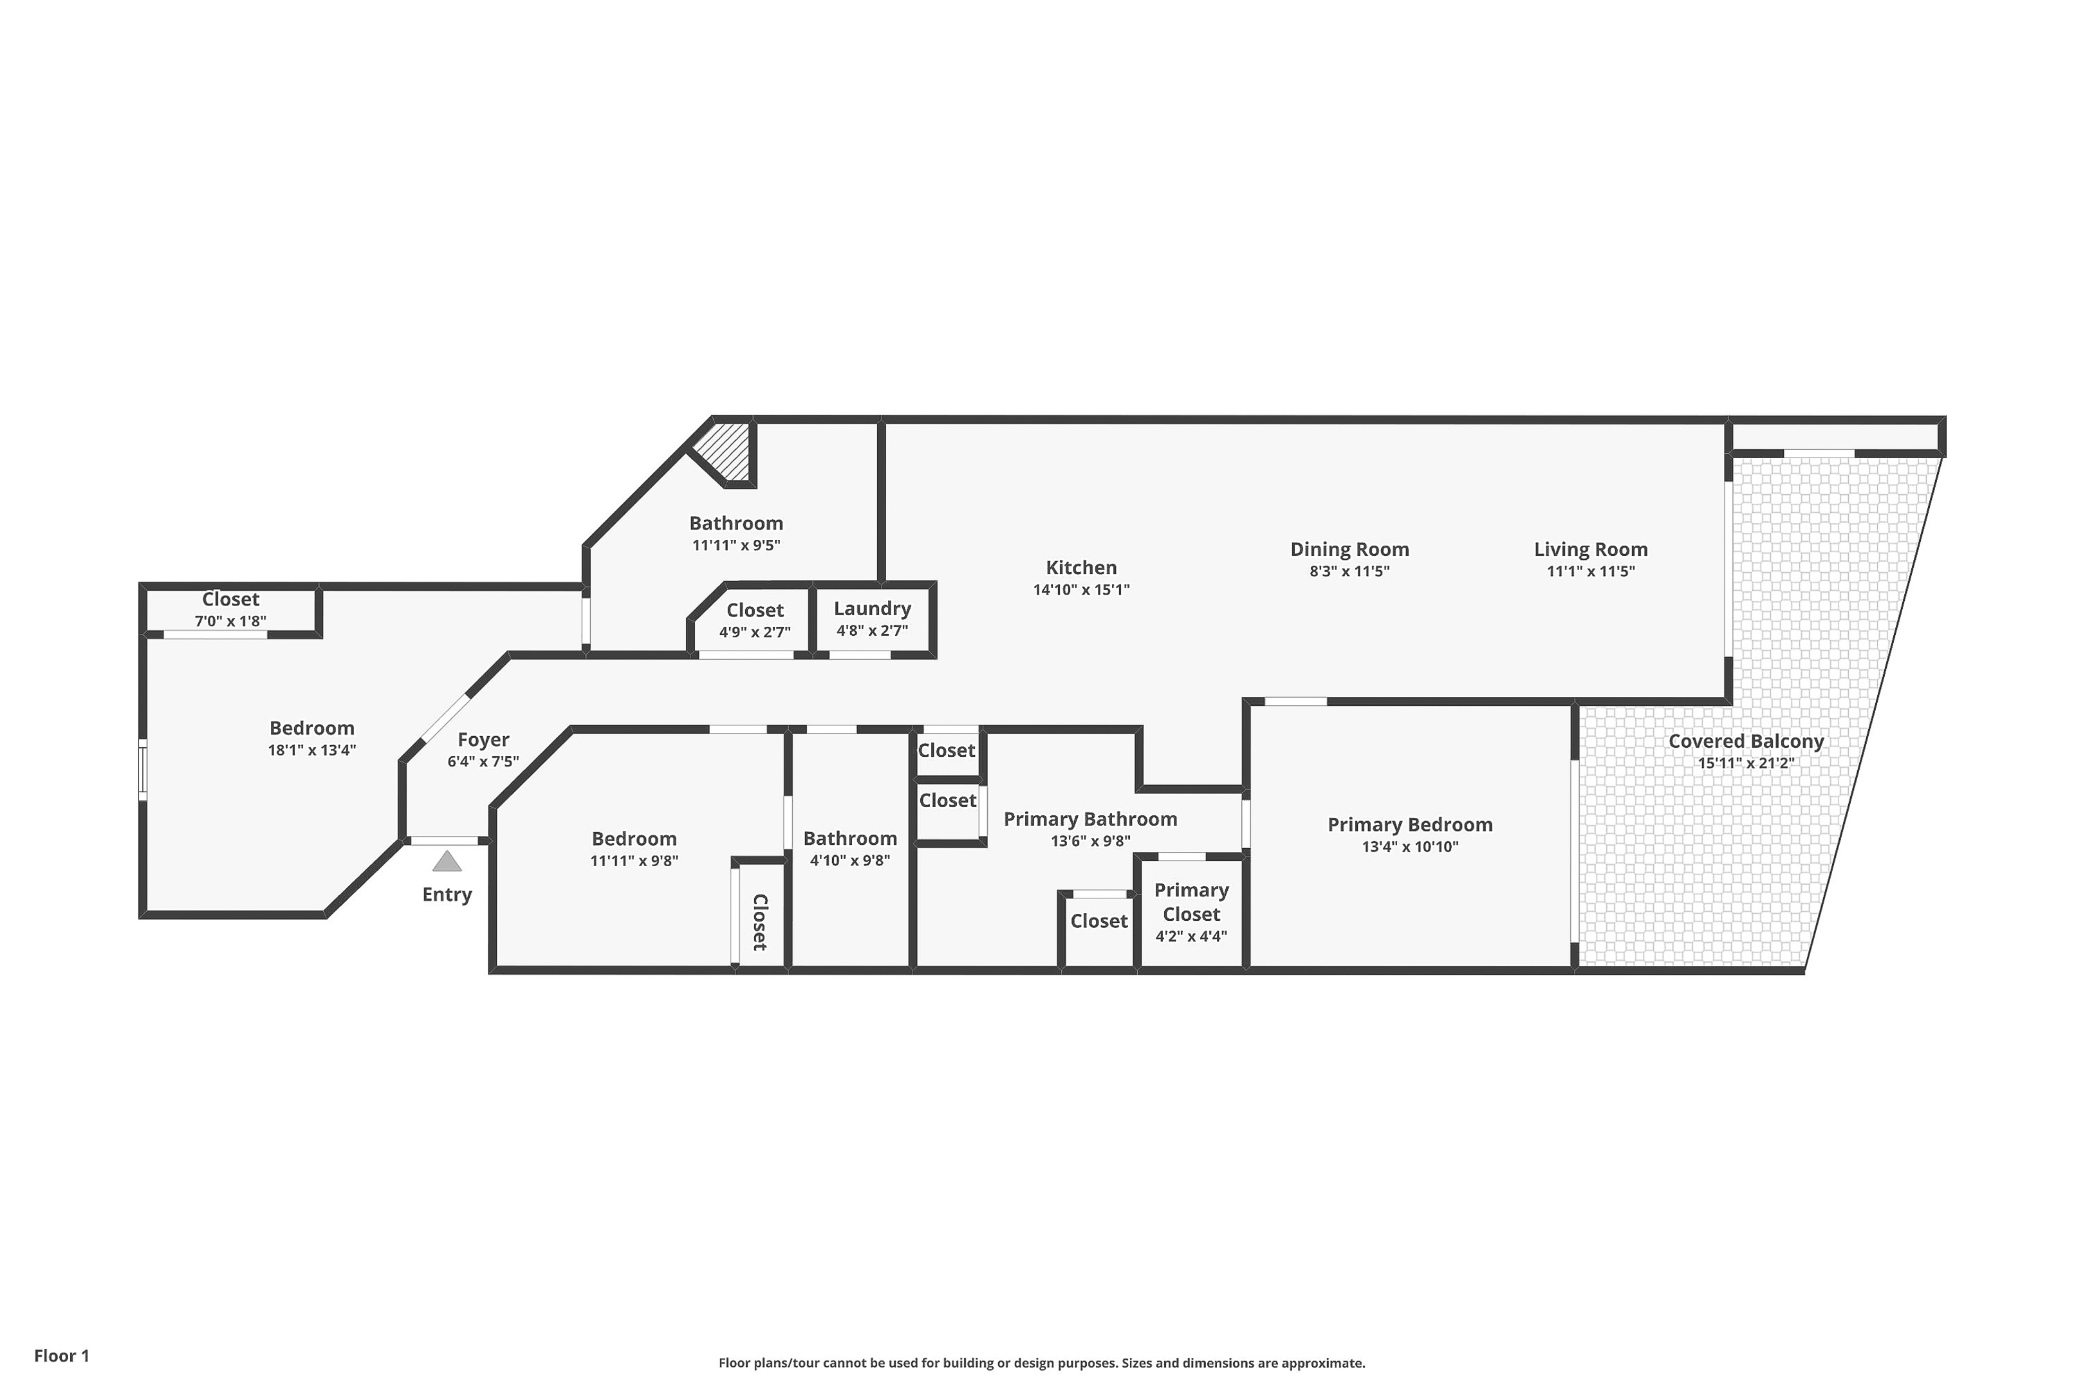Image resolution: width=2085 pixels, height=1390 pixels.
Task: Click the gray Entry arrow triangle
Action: pos(447,861)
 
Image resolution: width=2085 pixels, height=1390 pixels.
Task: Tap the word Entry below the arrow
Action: pos(447,894)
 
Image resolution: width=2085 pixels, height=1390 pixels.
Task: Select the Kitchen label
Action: pos(1080,568)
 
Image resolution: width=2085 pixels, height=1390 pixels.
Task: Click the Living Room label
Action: pos(1590,550)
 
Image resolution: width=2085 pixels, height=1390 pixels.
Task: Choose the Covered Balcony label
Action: pos(1745,741)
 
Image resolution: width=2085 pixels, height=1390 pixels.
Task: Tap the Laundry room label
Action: pos(873,609)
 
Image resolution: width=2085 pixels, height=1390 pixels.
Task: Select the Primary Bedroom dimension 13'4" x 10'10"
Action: pos(1409,847)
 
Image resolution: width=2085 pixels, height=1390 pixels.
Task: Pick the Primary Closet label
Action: pos(1191,902)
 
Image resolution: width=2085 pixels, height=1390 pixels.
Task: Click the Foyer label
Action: pos(483,739)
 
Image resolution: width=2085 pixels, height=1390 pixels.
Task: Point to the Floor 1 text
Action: pos(62,1355)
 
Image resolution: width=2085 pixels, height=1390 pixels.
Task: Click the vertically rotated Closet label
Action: pos(760,922)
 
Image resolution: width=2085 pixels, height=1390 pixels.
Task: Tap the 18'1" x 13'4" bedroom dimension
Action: pos(312,750)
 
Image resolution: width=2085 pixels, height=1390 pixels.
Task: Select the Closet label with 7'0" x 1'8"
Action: pos(230,599)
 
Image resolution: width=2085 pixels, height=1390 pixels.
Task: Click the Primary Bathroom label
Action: pos(1090,819)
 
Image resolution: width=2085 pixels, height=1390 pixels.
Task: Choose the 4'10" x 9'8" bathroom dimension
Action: pos(850,860)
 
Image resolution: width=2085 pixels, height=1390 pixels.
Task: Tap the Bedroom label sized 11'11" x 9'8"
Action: pos(634,839)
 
